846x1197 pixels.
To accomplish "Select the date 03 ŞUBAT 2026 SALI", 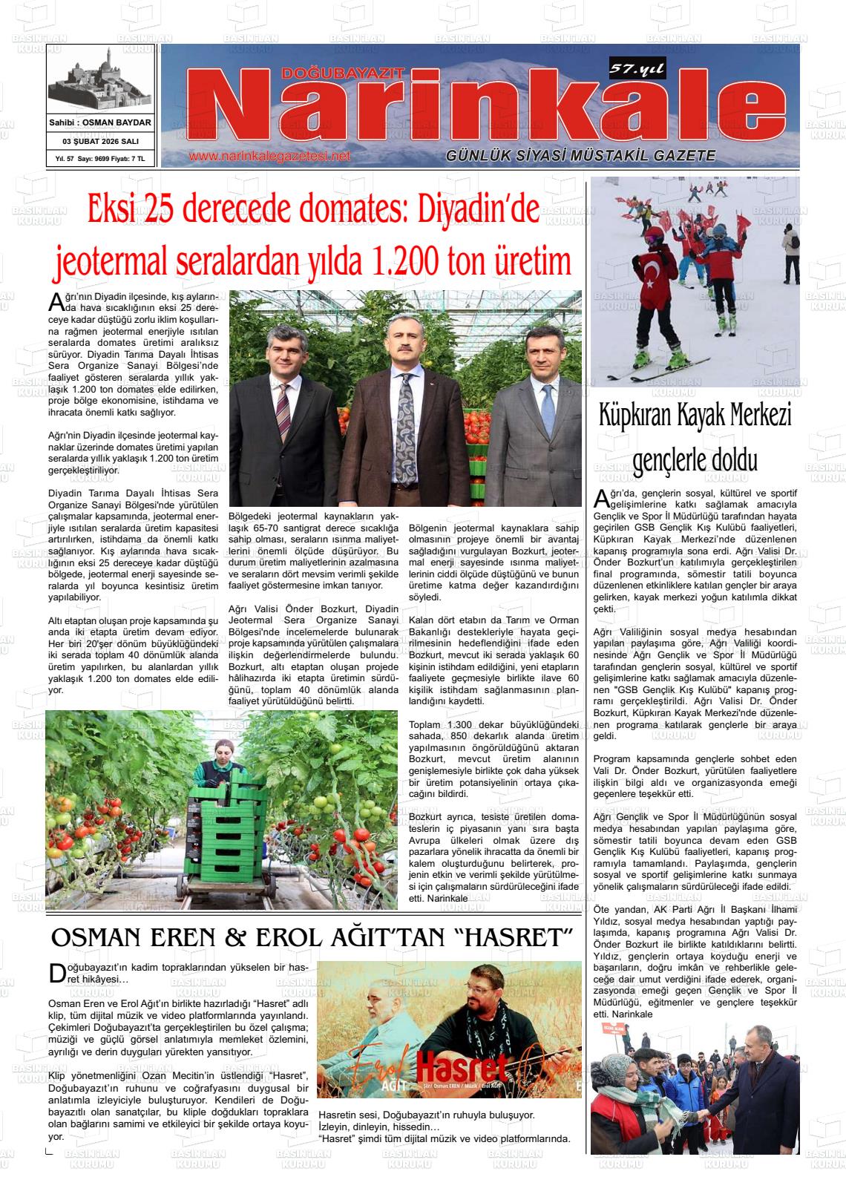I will (100, 141).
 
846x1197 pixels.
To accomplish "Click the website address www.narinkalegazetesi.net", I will (269, 157).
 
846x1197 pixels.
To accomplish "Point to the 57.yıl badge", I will (637, 70).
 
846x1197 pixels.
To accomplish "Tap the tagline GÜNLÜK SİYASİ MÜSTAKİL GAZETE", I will (580, 156).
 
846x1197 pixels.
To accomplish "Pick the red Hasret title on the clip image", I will (462, 1069).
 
